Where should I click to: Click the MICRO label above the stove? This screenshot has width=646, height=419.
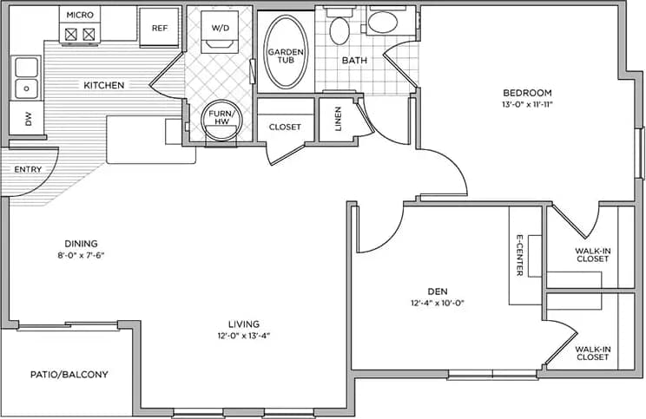(x=80, y=15)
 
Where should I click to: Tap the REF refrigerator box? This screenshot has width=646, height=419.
(x=159, y=28)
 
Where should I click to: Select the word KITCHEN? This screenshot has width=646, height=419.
(x=103, y=85)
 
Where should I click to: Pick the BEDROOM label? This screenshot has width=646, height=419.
(x=527, y=93)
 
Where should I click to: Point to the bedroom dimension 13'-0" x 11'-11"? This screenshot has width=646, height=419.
(x=527, y=104)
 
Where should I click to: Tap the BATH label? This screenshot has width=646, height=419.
(x=354, y=61)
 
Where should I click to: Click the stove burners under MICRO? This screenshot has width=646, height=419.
(x=80, y=35)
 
